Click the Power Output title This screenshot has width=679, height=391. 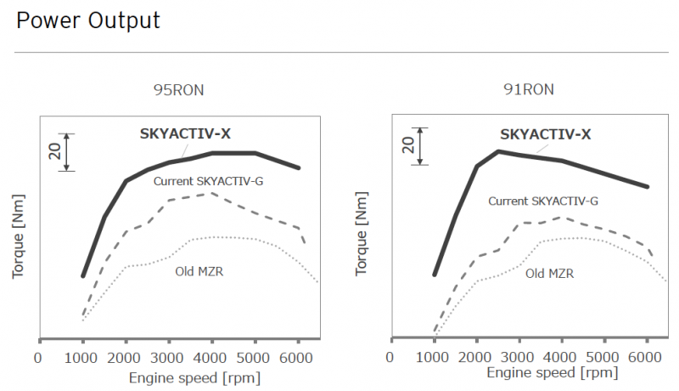coord(88,21)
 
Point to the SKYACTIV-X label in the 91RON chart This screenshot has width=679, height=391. coord(545,133)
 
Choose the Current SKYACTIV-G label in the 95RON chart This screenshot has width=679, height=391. coord(209,181)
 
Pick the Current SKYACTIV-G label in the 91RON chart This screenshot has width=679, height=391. coord(543,201)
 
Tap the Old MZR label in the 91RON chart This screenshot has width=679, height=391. coord(549,274)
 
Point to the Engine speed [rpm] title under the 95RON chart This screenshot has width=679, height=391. coord(194,377)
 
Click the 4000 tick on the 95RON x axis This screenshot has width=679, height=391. coord(212,358)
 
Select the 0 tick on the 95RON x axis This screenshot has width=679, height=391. coord(38,358)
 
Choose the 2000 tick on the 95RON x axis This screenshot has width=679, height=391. coord(126,358)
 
